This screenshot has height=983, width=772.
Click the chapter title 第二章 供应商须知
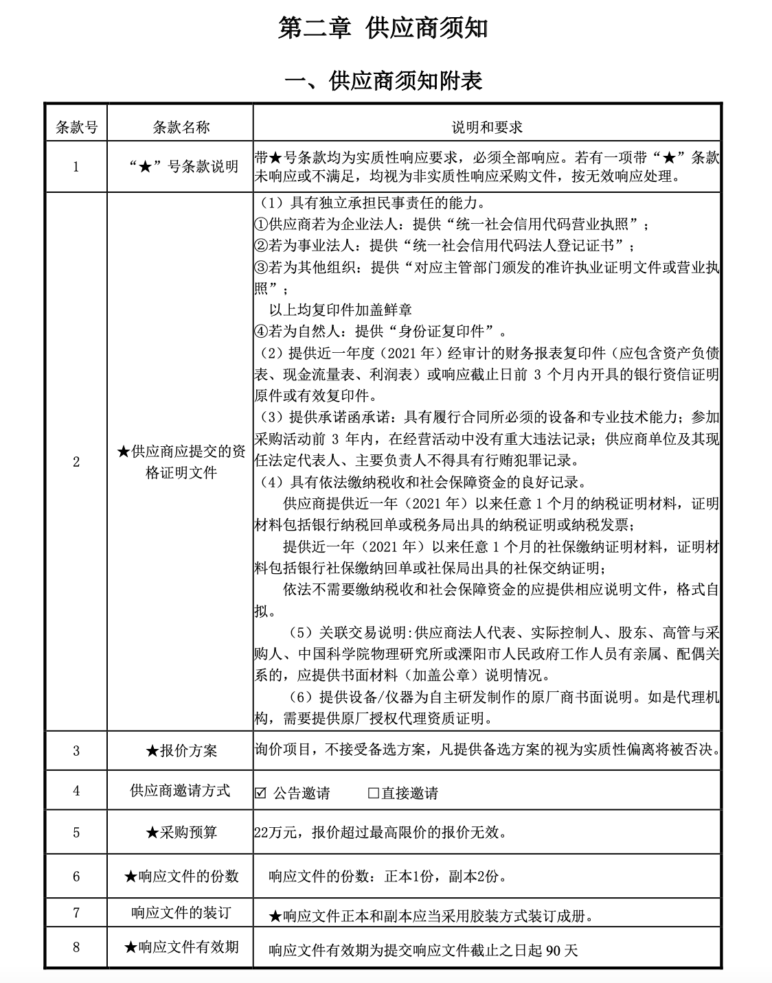click(x=383, y=29)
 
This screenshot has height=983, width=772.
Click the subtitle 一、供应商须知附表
click(x=383, y=81)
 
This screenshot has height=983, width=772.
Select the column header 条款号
click(x=76, y=127)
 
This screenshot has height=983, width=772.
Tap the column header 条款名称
click(x=181, y=127)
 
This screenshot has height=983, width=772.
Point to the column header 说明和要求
click(x=487, y=127)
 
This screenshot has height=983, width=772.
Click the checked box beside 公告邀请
click(x=260, y=793)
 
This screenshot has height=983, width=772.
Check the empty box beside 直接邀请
click(x=374, y=793)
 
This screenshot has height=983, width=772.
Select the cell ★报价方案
click(x=181, y=751)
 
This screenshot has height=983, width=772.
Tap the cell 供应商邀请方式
click(x=180, y=791)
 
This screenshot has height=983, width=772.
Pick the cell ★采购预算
click(x=181, y=833)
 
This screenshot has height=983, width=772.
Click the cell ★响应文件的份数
click(x=181, y=876)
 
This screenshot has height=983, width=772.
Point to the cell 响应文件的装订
click(x=181, y=913)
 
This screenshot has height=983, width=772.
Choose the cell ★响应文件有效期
click(x=181, y=947)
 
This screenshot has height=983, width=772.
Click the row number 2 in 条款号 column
click(x=76, y=462)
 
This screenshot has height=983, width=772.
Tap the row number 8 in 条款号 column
click(x=76, y=947)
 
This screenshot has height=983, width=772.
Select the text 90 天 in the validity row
click(x=562, y=951)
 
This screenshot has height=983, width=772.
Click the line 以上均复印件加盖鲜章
click(x=341, y=310)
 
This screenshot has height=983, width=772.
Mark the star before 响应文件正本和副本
click(x=275, y=916)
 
